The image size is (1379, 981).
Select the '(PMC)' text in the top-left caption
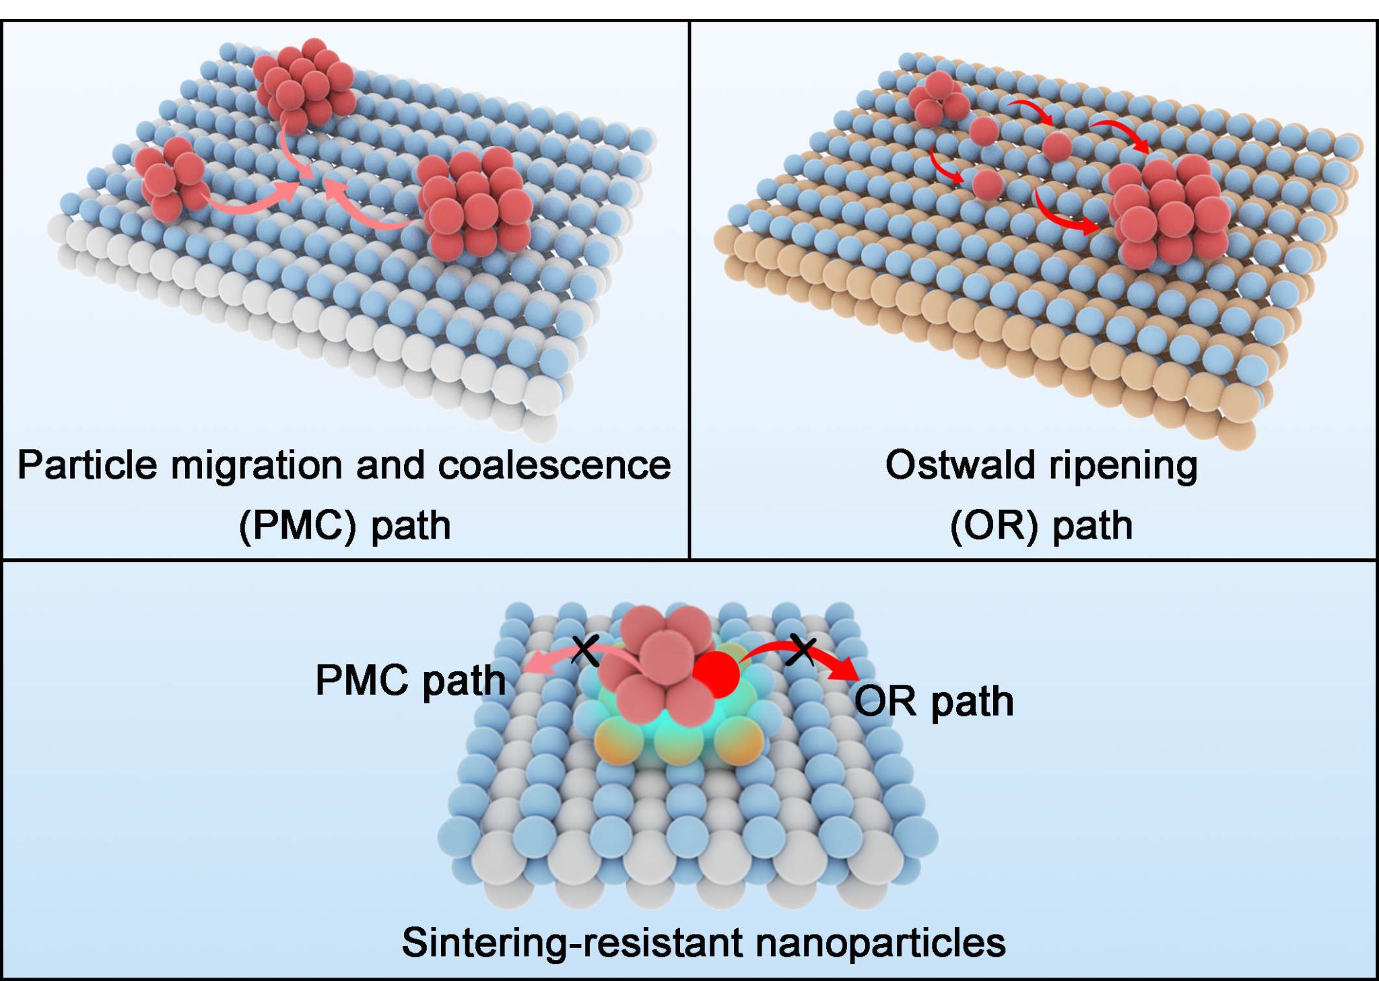297,526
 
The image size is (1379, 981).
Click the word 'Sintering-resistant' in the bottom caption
573,942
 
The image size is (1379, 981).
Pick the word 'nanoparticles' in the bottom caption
880,942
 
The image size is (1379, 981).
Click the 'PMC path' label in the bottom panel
410,680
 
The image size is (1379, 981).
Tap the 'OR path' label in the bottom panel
934,701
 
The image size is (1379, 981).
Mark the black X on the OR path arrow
802,650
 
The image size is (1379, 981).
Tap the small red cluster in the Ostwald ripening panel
937,100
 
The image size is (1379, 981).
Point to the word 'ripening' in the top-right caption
1124,465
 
